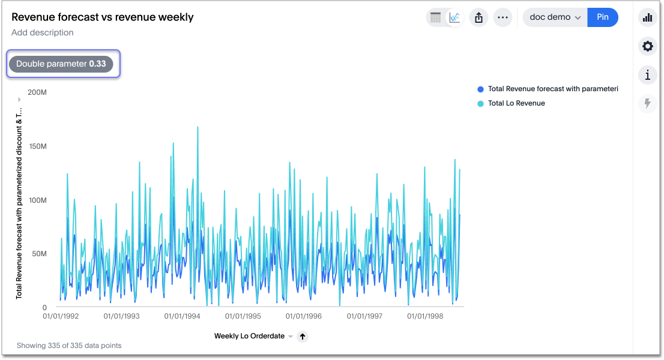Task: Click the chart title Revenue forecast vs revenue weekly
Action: tap(103, 17)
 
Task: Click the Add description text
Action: tap(43, 32)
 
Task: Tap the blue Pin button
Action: tap(603, 17)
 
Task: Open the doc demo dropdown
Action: tap(555, 17)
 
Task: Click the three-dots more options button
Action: tap(503, 17)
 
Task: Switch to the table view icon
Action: tap(436, 17)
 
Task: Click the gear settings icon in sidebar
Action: tap(647, 46)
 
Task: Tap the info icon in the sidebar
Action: tap(647, 75)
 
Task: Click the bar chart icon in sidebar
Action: tap(647, 17)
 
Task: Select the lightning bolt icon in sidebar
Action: tap(647, 104)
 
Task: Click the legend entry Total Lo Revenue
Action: tap(516, 103)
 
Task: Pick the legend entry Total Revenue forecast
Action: tap(552, 89)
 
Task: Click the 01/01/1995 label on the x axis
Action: tap(244, 316)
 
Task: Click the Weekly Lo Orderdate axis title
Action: tap(249, 336)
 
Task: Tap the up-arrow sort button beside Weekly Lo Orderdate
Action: tap(303, 337)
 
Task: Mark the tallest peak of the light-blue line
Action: tap(198, 127)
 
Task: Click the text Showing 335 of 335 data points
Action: tap(69, 346)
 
